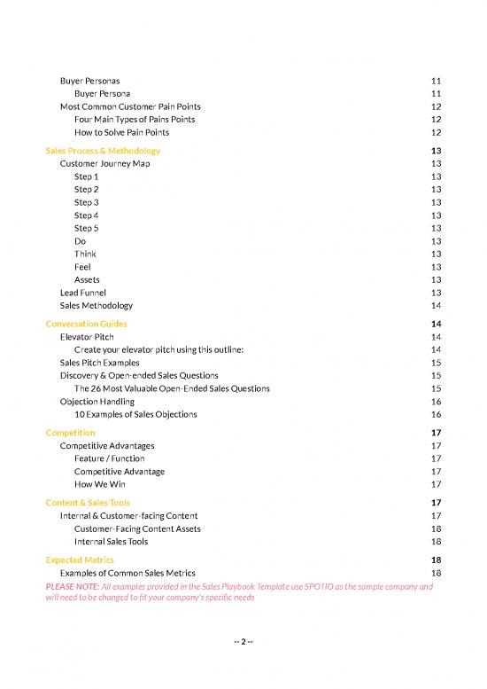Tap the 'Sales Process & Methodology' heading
pos(103,151)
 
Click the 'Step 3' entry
pos(86,202)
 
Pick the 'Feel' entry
pos(82,267)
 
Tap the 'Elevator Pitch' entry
pos(87,337)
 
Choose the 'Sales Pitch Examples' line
pos(101,363)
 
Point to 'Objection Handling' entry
pos(96,402)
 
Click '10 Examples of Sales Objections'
pos(135,414)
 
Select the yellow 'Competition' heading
pos(70,433)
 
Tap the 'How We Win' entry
pos(99,484)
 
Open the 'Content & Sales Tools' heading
pos(88,503)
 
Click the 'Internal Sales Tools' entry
pos(111,541)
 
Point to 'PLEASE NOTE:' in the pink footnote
pos(73,587)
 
